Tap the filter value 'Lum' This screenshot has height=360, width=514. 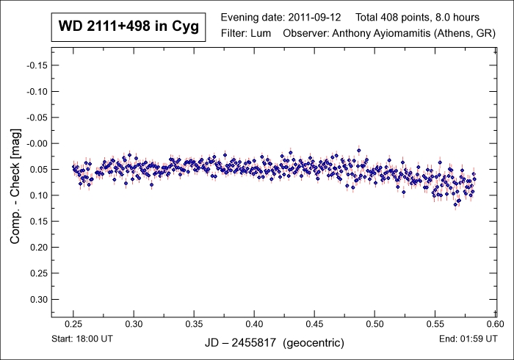point(262,33)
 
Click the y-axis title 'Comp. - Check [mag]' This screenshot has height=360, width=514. point(15,185)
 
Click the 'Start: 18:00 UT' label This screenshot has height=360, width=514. point(84,339)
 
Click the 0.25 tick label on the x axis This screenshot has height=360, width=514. point(73,323)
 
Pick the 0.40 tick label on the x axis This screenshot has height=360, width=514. point(254,323)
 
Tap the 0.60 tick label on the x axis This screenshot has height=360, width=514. point(495,323)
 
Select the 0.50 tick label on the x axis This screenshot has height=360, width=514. point(374,323)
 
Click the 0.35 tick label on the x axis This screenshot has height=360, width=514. point(194,323)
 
